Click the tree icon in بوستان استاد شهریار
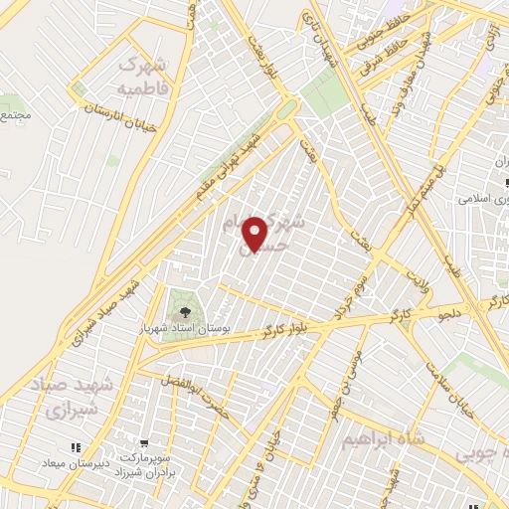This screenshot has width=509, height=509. (x=182, y=298)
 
